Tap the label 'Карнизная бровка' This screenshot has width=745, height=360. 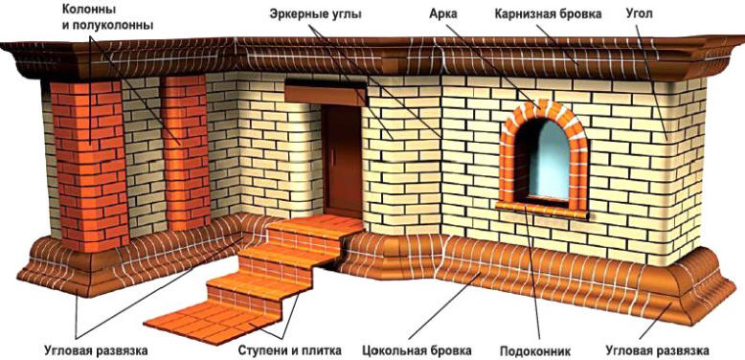(547, 15)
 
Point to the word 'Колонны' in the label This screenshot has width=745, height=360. (90, 10)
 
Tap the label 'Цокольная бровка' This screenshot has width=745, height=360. (415, 349)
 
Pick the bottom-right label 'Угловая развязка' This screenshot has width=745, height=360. (658, 349)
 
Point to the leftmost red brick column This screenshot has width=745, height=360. (87, 163)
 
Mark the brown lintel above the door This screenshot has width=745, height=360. (326, 92)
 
